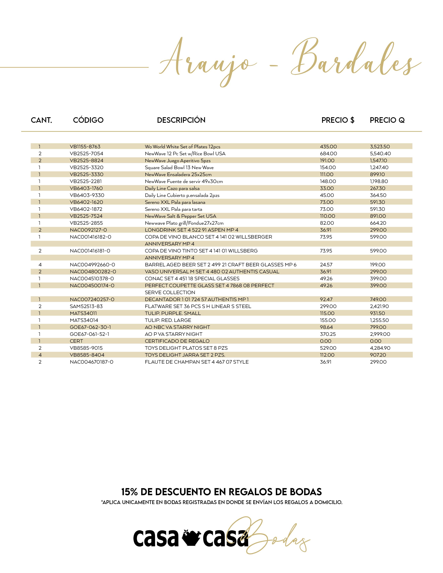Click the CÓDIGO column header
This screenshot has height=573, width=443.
pos(88,120)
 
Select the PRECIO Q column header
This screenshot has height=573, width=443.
pos(387,120)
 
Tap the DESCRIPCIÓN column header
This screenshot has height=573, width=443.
pos(181,120)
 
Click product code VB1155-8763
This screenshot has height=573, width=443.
pos(85,147)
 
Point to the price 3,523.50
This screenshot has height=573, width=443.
pos(380,147)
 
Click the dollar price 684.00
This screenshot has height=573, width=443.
pos(328,153)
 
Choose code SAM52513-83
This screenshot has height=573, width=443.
pos(86,306)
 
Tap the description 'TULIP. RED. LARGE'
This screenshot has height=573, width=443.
pos(168,320)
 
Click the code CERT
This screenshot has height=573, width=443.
pos(76,341)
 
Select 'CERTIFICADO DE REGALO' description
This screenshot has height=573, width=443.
pos(177,341)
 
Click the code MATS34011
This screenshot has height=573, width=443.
pos(83,313)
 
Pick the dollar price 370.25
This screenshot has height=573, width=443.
pos(328,334)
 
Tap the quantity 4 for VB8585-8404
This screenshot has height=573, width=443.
pos(40,355)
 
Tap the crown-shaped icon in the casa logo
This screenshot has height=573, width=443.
pos(191,538)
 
